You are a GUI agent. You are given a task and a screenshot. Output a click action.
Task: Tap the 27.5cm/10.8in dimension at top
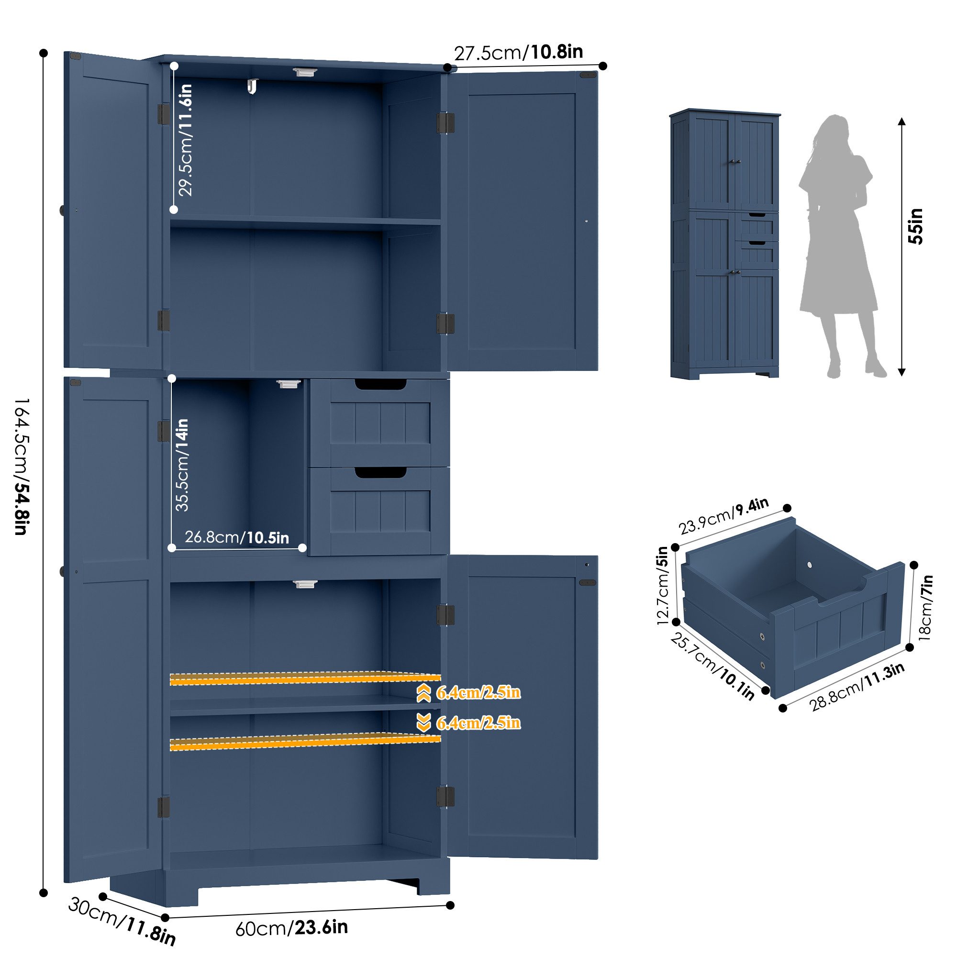coord(518,52)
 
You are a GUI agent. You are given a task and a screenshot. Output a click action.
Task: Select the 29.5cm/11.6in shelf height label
coord(185,140)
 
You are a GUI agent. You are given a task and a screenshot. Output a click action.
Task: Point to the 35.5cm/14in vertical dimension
coord(182,465)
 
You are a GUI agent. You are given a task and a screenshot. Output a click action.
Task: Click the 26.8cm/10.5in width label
coord(237,537)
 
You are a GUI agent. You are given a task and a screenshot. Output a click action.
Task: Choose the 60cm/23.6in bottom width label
coord(291,928)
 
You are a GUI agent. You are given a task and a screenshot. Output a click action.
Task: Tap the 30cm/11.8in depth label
coord(122,921)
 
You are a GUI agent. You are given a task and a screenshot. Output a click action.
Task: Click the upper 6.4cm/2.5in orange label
coord(478,692)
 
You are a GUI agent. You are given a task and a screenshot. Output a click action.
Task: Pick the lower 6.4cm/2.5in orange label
coord(478,723)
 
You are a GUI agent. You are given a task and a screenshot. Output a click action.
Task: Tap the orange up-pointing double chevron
coord(423,693)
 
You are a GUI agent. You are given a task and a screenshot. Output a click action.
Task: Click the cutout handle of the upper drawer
coord(380,384)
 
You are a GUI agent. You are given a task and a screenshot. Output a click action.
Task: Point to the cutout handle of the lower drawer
coord(380,474)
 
